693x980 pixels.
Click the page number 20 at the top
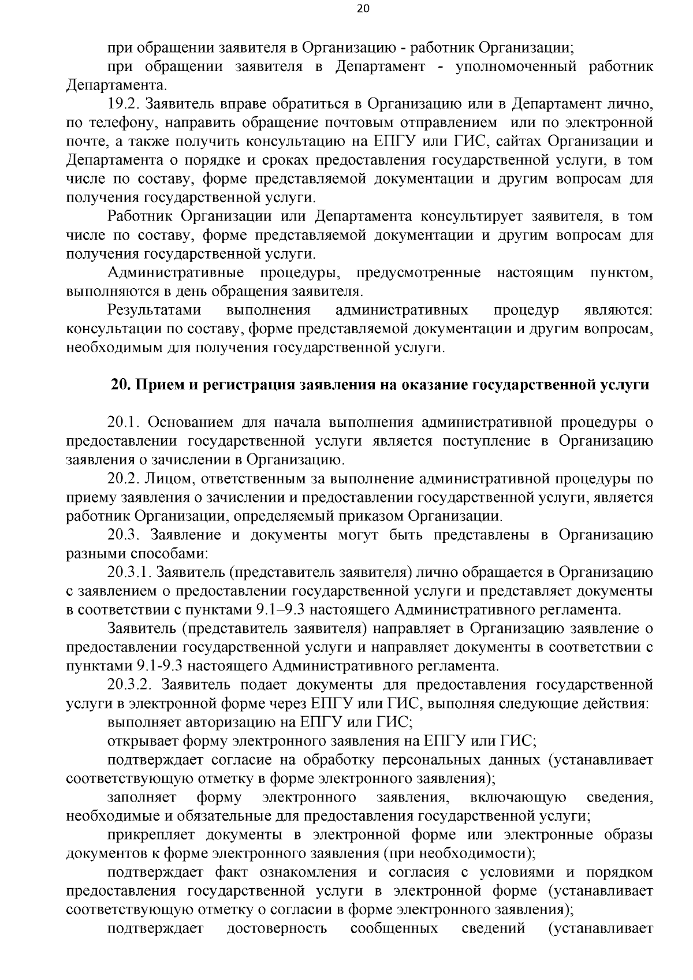point(346,9)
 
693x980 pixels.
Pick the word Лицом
point(167,479)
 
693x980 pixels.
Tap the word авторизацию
point(241,722)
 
